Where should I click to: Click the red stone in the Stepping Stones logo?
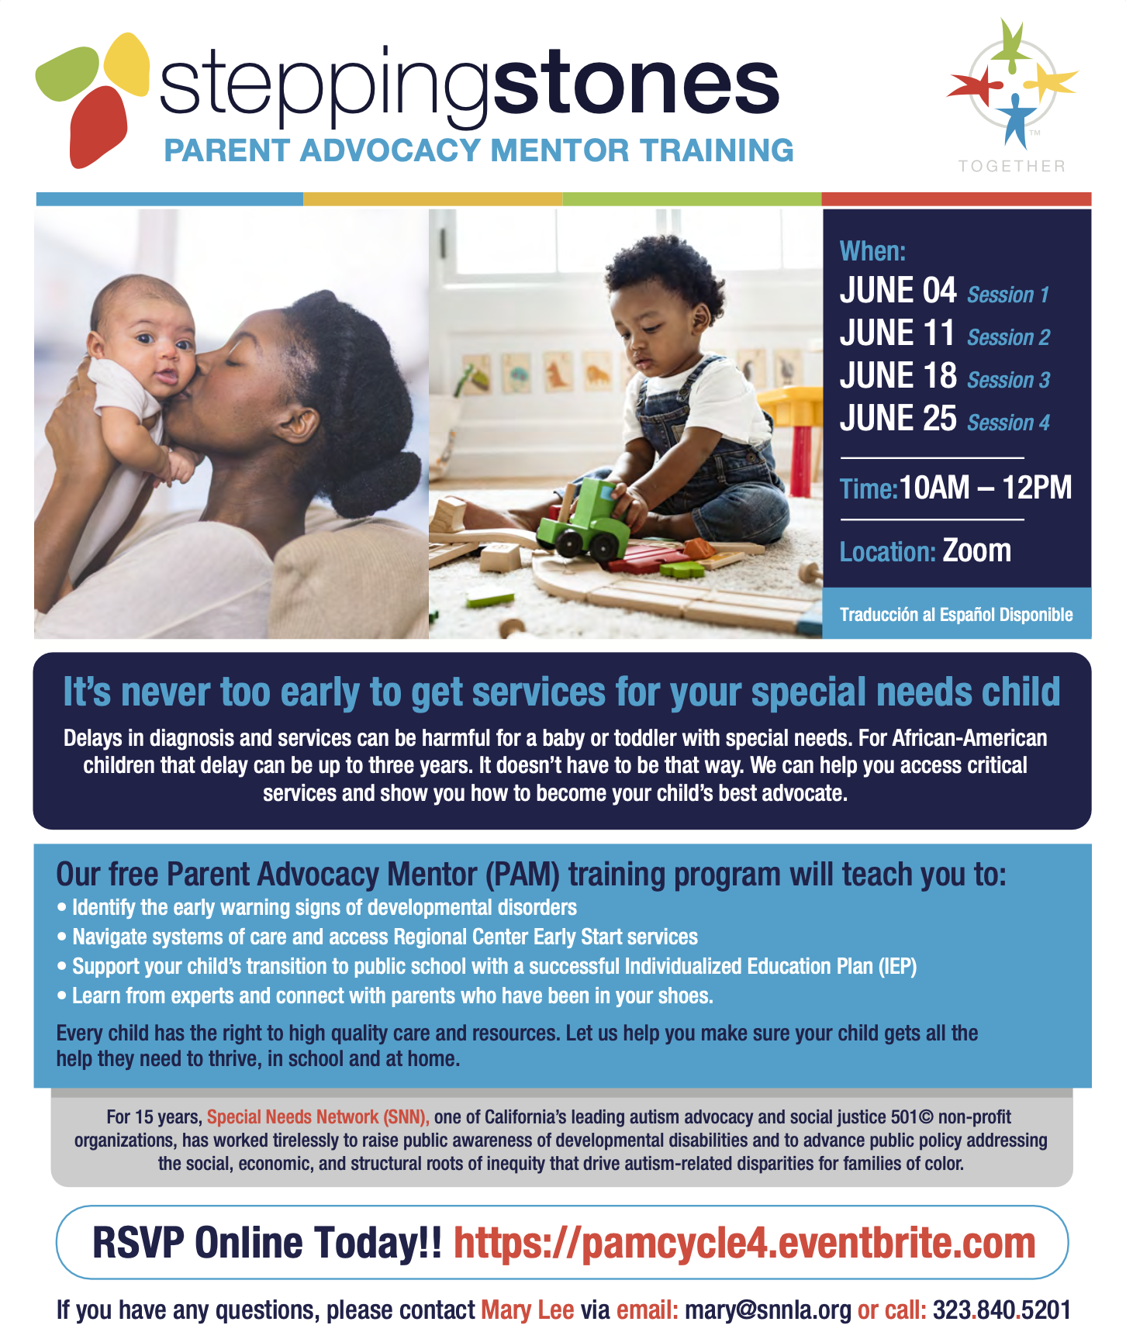click(96, 126)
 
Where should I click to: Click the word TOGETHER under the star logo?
click(1012, 166)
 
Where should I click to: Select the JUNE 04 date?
click(898, 291)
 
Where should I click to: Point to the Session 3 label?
click(1008, 380)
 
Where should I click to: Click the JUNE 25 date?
click(898, 419)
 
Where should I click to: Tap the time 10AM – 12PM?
click(986, 488)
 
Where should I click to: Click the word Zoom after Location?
click(976, 550)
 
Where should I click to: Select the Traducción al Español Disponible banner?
click(956, 615)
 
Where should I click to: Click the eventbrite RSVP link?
click(744, 1243)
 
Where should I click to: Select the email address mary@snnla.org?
click(768, 1310)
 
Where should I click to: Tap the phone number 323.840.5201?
click(1001, 1310)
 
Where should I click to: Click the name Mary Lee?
click(527, 1310)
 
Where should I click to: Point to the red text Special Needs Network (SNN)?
click(318, 1117)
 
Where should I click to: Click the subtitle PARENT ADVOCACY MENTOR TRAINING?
click(478, 150)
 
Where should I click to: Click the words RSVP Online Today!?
click(267, 1243)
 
